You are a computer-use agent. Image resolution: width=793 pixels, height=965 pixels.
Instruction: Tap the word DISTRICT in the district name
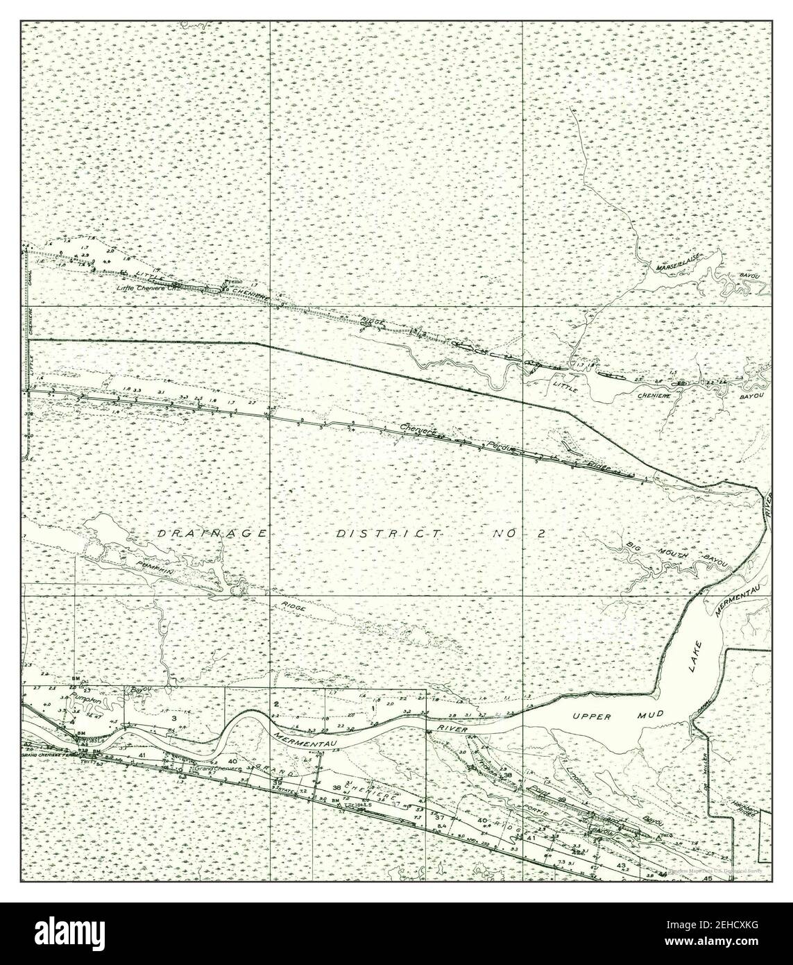coord(389,534)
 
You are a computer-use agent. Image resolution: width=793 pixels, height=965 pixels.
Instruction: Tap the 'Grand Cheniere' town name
coord(216,769)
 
